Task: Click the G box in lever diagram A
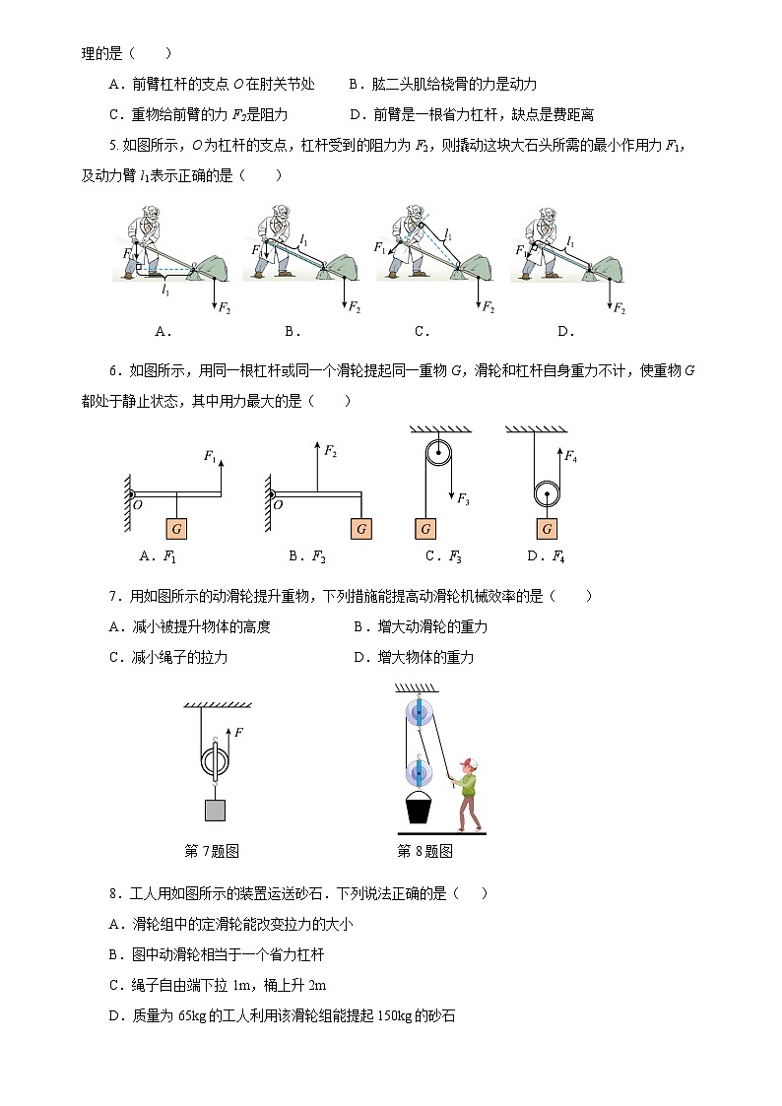coord(176,529)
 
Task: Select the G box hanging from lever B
coord(361,529)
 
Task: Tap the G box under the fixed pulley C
coord(425,529)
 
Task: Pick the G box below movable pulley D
coord(547,529)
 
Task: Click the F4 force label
coord(570,455)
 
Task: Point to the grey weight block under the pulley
coord(215,810)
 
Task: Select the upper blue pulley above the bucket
coord(420,711)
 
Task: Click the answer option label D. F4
coord(546,556)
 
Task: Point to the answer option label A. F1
coord(159,556)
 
